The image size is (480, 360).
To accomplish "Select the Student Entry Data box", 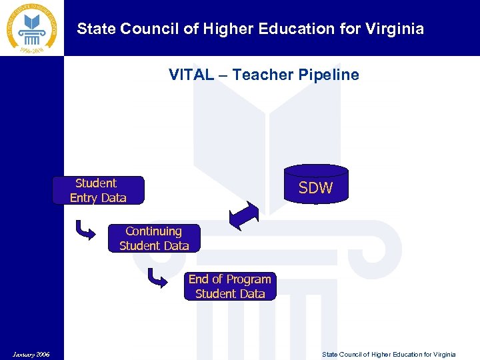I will click(98, 190).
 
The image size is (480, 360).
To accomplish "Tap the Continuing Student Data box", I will click(154, 238).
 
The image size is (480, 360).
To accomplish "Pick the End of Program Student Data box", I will click(230, 286).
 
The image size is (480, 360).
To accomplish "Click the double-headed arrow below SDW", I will click(244, 215).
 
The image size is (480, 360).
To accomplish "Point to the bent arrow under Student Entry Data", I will click(87, 231).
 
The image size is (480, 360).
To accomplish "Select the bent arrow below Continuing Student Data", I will click(157, 277).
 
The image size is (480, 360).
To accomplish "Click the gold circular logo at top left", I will click(32, 28).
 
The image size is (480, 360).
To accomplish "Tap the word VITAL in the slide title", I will click(189, 75).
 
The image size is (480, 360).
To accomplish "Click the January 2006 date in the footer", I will click(30, 353).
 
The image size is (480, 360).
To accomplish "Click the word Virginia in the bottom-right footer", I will click(442, 354).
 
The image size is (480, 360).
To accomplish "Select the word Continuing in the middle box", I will click(153, 231).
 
